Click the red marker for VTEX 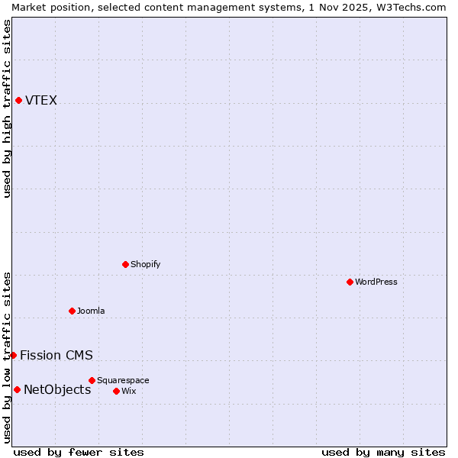tap(18, 100)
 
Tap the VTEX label tap(41, 101)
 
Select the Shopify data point tap(125, 264)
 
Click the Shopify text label tap(145, 264)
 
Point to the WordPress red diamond tap(350, 282)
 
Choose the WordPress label tap(376, 282)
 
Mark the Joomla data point tap(72, 311)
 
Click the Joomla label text tap(91, 311)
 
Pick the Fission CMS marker tap(13, 355)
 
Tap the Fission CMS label tap(56, 355)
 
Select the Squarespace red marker tap(92, 380)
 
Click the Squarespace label tap(123, 380)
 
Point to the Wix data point tap(116, 391)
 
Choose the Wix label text tap(128, 391)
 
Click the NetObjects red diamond tap(17, 389)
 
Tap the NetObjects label tap(57, 390)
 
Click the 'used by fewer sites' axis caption tap(79, 452)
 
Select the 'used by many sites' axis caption tap(383, 452)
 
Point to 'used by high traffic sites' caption tap(7, 108)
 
